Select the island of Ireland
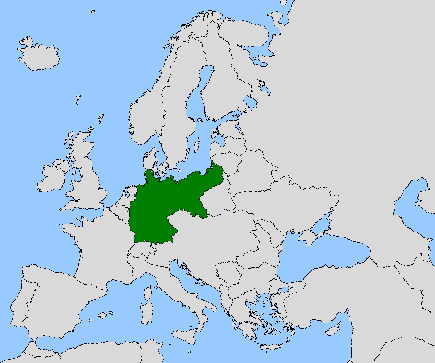[x=51, y=178]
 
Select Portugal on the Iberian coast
[x=18, y=301]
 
